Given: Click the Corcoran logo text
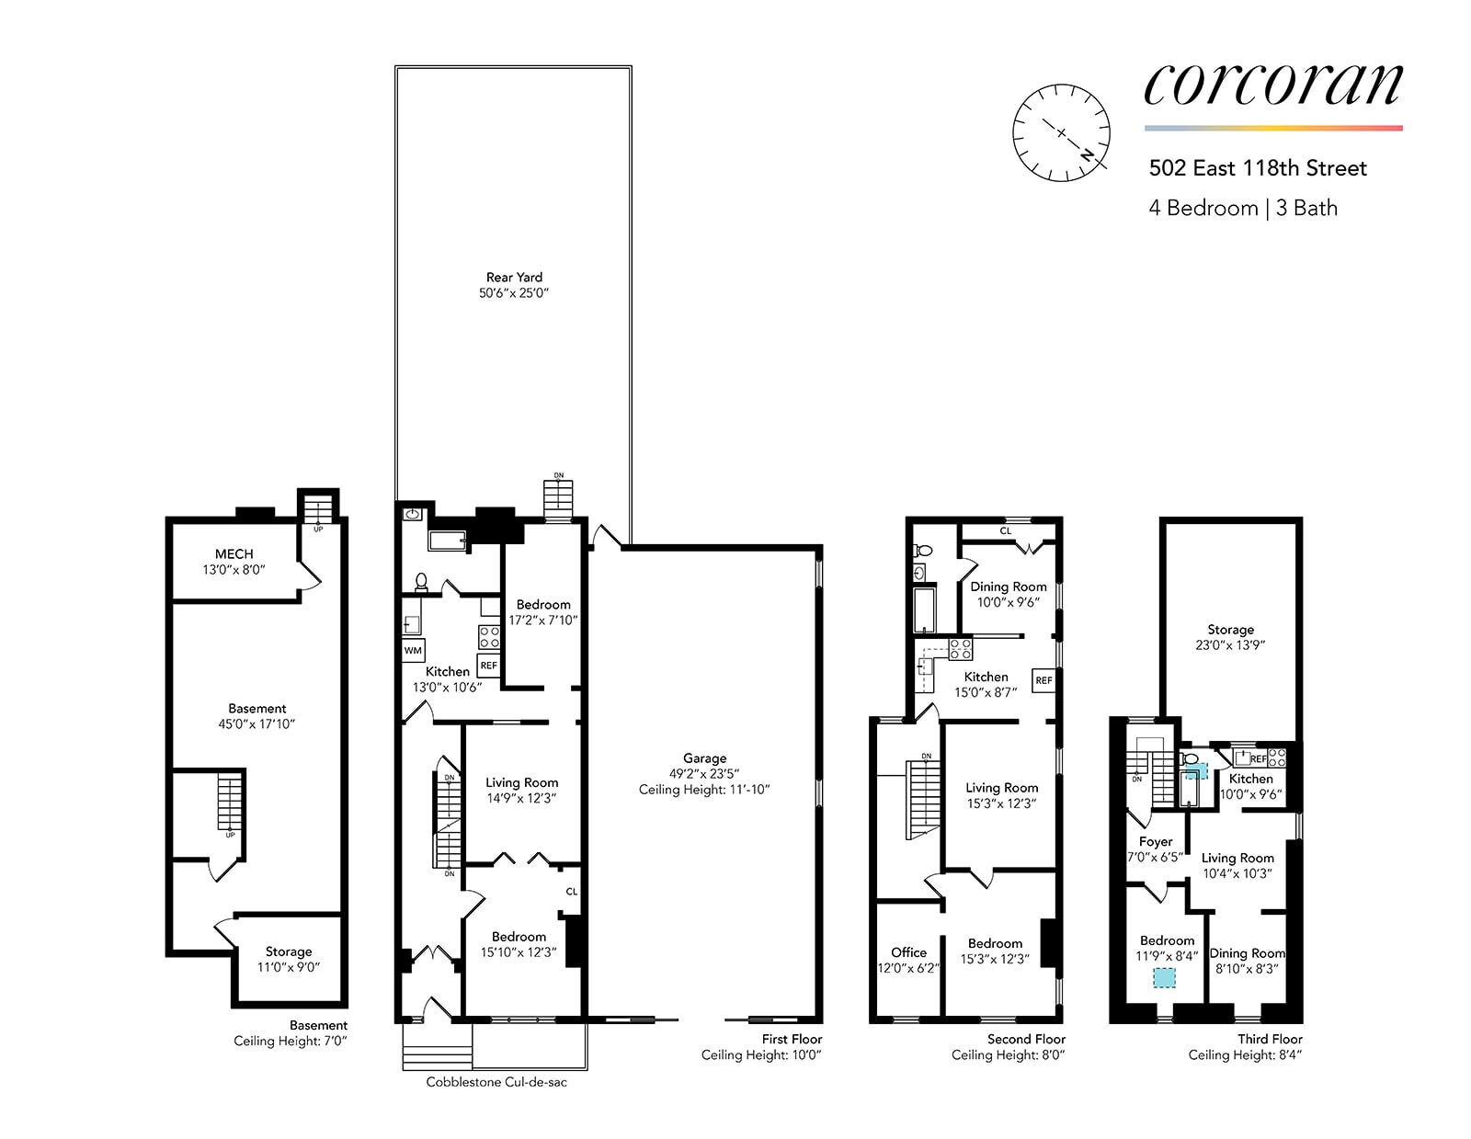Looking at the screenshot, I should [x=1272, y=84].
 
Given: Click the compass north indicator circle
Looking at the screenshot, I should [x=1061, y=133].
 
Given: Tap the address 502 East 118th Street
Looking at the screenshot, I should [x=1258, y=168].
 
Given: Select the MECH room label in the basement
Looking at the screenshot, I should [x=234, y=553].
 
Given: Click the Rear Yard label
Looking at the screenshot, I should [x=514, y=277].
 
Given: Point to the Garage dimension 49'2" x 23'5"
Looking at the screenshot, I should [x=704, y=774].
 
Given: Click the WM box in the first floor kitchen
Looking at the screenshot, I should [x=413, y=651].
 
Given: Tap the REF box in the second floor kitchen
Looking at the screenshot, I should [x=1043, y=680].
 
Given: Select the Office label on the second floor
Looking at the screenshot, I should [x=908, y=952].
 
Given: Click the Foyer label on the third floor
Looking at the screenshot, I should [x=1155, y=841].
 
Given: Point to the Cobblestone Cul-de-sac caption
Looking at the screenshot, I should [x=496, y=1082].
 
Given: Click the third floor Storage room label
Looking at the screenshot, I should [x=1230, y=630].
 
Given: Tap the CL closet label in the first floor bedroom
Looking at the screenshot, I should [x=571, y=892].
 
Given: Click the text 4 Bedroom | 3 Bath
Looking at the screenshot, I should [x=1242, y=208].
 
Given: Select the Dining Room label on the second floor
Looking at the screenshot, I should [x=1009, y=587].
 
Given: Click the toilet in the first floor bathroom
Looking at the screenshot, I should [x=422, y=581].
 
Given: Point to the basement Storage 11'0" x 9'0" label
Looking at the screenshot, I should [x=289, y=959].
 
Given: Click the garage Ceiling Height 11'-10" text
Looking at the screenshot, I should [x=704, y=790].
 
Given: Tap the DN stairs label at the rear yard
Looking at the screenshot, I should [x=558, y=475].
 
